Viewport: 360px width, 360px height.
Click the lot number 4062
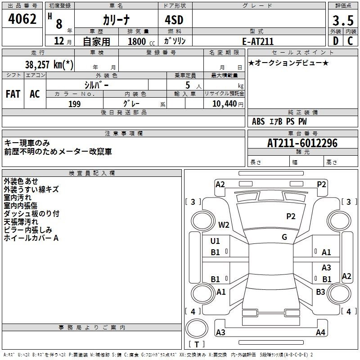click(x=22, y=19)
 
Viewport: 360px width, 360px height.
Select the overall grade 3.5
click(x=343, y=20)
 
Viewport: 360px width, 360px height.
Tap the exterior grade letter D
click(x=336, y=41)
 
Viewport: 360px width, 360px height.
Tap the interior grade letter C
click(x=350, y=41)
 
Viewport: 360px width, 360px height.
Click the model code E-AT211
click(x=258, y=41)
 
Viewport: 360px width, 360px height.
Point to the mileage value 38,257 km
click(x=49, y=64)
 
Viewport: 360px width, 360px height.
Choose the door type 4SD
click(x=174, y=20)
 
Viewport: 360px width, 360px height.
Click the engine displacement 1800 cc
click(x=141, y=41)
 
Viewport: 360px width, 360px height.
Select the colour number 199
click(x=74, y=104)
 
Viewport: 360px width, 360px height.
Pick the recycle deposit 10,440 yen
click(x=228, y=104)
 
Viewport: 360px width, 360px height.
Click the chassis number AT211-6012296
click(x=302, y=143)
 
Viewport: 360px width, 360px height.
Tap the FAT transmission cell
click(x=13, y=94)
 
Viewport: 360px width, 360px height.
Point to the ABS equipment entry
click(x=258, y=121)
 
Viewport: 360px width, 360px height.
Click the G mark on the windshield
click(x=284, y=237)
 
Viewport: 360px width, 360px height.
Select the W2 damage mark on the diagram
click(x=224, y=225)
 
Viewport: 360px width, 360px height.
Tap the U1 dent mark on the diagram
click(x=215, y=241)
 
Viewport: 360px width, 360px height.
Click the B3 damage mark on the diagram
click(x=320, y=292)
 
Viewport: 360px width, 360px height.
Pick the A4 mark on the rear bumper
click(x=320, y=332)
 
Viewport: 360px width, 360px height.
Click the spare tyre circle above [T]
click(x=197, y=328)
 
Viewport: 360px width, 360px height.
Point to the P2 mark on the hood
click(x=291, y=216)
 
